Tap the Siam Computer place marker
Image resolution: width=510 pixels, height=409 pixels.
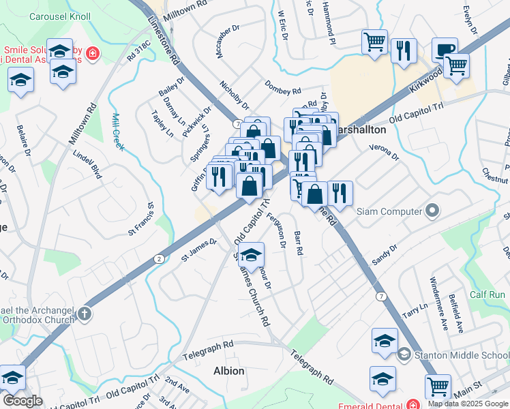tap(431, 211)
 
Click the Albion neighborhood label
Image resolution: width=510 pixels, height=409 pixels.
tap(228, 371)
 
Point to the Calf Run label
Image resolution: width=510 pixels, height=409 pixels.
tap(487, 294)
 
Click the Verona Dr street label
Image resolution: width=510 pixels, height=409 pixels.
tap(383, 152)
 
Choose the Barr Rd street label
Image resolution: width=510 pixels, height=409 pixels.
tap(298, 243)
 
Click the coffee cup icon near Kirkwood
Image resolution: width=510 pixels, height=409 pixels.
tap(445, 49)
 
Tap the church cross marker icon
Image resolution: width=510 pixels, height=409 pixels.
tap(85, 314)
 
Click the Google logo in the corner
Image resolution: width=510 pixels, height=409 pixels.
tap(23, 400)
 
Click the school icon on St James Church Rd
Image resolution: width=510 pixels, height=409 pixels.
tap(252, 255)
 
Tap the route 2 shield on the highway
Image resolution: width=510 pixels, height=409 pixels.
tap(159, 258)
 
